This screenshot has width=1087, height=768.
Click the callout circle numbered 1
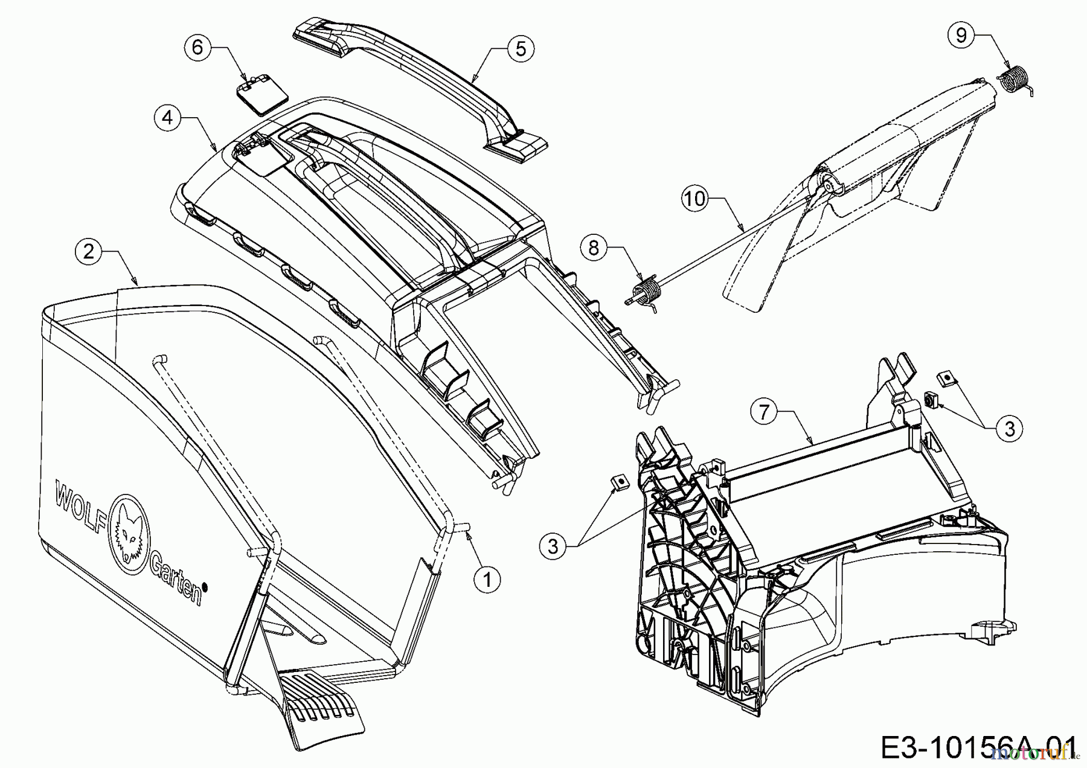[487, 580]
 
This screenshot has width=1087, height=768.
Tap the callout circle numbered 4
[167, 117]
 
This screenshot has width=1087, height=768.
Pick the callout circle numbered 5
[521, 48]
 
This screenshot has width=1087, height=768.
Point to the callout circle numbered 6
[197, 47]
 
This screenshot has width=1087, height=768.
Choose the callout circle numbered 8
[594, 248]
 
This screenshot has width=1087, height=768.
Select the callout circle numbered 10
[696, 198]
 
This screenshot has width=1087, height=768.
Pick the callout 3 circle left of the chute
[554, 546]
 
